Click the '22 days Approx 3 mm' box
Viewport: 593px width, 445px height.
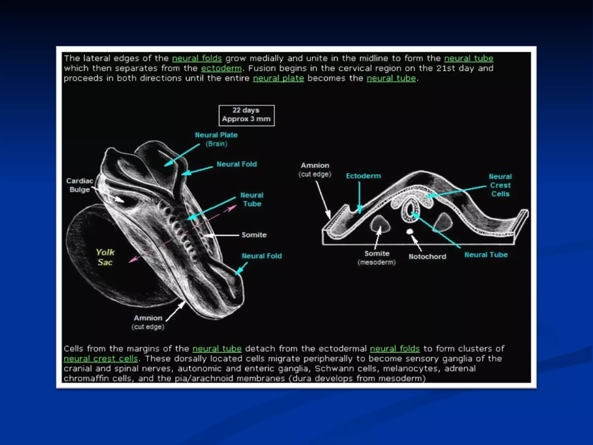point(246,115)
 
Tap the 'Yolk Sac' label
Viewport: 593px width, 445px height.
point(105,257)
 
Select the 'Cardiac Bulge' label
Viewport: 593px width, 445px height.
point(80,185)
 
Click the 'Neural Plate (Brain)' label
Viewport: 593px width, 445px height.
point(216,139)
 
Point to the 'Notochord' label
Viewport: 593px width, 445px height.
point(427,256)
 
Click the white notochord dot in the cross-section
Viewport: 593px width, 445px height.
point(409,231)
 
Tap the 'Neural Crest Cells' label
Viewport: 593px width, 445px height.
point(500,185)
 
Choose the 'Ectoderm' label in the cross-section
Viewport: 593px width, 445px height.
point(363,176)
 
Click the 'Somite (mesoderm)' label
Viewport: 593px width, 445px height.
point(377,258)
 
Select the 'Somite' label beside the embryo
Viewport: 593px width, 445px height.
point(254,235)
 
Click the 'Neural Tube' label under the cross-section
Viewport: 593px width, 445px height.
point(486,255)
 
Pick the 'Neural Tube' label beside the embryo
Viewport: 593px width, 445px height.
point(252,199)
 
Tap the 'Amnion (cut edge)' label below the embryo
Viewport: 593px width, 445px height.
point(148,322)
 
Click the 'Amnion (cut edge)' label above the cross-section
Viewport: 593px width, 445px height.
point(315,169)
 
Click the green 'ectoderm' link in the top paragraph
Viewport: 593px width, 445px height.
point(221,68)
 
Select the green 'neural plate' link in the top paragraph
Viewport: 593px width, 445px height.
point(278,78)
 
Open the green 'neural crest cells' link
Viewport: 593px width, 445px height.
point(100,359)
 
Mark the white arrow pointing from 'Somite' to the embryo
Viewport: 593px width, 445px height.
point(222,235)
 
